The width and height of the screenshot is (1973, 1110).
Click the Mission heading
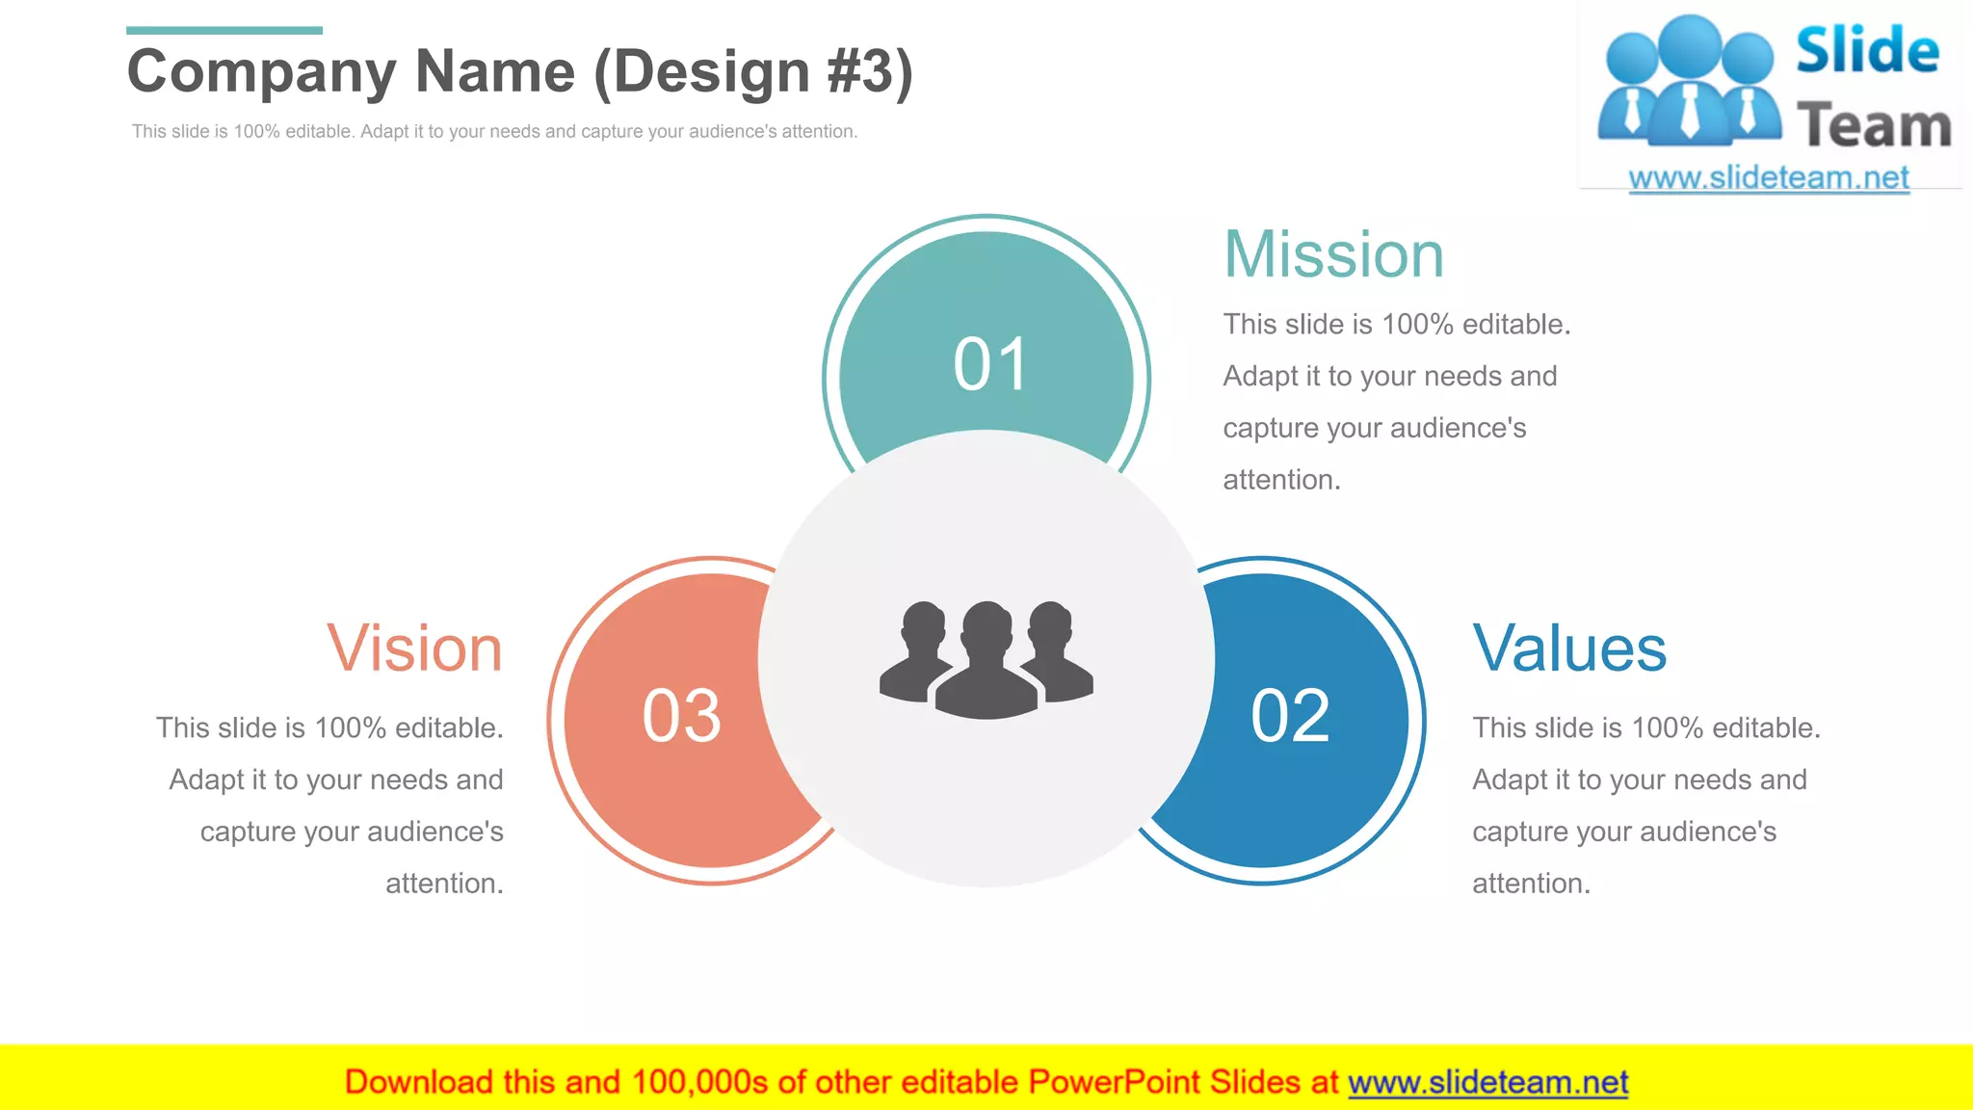coord(1333,255)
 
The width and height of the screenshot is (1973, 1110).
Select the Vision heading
coord(415,648)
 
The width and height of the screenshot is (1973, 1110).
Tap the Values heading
coord(1569,648)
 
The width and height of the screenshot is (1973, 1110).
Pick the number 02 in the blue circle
coord(1290,716)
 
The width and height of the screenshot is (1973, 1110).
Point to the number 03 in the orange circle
coord(682,716)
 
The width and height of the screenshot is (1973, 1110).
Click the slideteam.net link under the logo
coord(1769,178)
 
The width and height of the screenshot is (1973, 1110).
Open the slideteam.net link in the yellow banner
coord(1487,1083)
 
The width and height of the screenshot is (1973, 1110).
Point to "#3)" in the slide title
coord(870,72)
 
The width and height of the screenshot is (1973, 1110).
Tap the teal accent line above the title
coord(224,31)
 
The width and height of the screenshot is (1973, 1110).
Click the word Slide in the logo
coord(1867,51)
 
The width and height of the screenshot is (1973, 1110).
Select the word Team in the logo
coord(1874,126)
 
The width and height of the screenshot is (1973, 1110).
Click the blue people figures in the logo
coord(1689,82)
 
